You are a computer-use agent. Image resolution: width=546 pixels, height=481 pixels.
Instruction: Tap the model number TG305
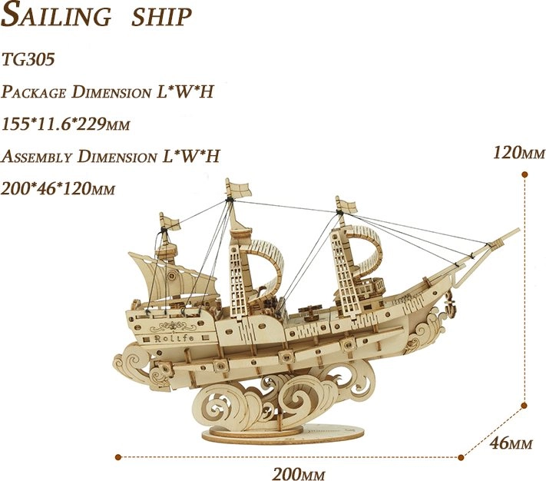click(x=28, y=59)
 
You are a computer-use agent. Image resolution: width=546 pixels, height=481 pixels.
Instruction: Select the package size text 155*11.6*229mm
click(x=65, y=124)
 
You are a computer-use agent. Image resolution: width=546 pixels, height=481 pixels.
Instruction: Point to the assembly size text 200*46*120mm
click(x=58, y=188)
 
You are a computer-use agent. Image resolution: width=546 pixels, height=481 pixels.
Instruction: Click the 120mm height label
click(x=518, y=153)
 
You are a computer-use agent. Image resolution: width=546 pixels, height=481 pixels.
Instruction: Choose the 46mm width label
click(x=511, y=443)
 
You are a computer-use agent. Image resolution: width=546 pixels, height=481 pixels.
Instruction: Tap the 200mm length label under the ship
click(x=299, y=473)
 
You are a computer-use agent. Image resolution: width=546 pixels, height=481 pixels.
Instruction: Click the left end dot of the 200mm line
click(x=118, y=456)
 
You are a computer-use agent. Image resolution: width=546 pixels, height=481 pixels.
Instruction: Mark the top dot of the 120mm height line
click(x=524, y=174)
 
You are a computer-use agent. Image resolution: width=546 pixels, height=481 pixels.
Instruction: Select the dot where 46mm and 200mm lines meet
click(x=461, y=457)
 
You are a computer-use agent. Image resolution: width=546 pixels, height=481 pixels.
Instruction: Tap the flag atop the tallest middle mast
click(x=239, y=188)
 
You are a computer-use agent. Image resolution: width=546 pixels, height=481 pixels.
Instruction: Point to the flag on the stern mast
click(x=170, y=221)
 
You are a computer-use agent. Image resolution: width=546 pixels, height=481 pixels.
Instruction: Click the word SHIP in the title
click(x=161, y=17)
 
